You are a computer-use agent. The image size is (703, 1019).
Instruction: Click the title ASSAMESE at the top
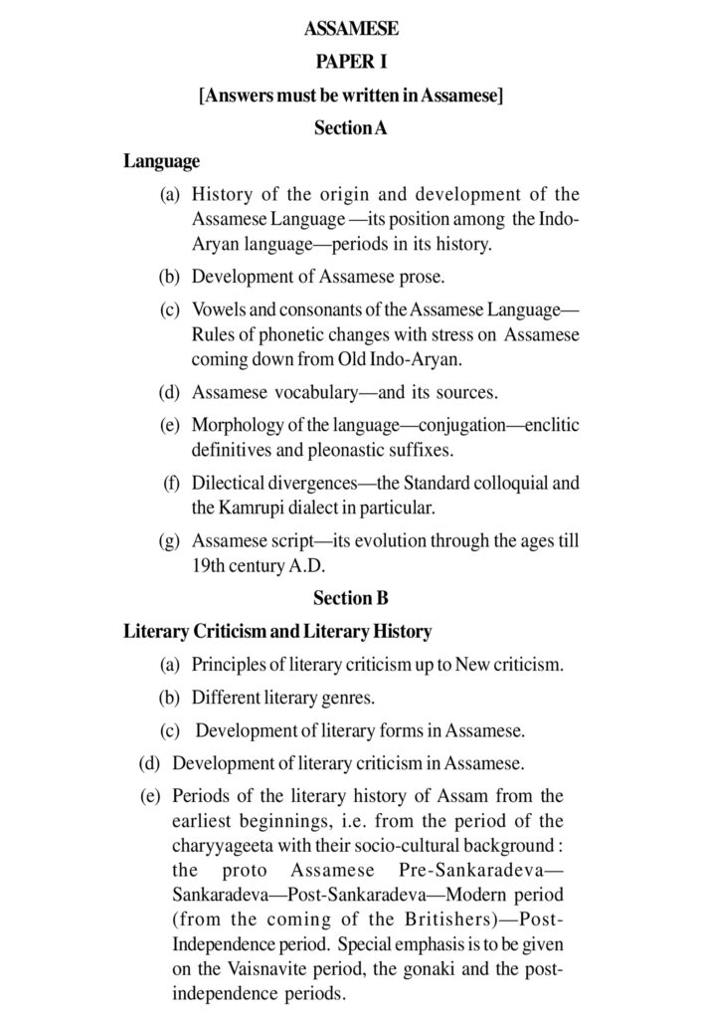tap(351, 29)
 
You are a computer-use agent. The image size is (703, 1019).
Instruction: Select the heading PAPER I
tap(351, 62)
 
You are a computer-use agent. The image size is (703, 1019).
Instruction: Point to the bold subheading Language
tap(161, 160)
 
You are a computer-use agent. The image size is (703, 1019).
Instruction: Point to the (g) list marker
tap(170, 541)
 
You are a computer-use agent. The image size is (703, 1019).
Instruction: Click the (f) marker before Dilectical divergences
tap(171, 484)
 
